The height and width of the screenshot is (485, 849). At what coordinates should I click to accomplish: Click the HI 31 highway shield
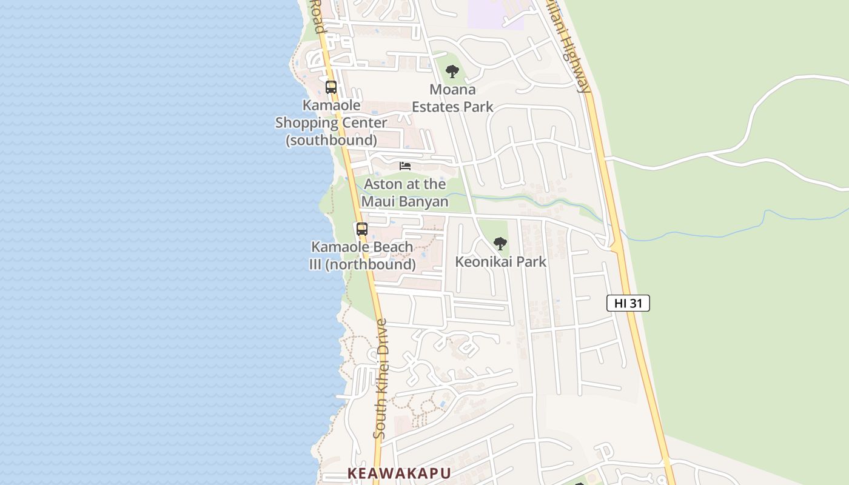click(x=628, y=303)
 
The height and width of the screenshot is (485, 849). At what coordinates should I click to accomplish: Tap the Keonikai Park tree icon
click(x=500, y=244)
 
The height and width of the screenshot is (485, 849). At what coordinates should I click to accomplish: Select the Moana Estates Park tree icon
click(x=452, y=72)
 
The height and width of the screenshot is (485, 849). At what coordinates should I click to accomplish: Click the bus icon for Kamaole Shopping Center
click(x=331, y=87)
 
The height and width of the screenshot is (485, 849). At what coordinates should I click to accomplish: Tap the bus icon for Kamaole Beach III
click(x=361, y=229)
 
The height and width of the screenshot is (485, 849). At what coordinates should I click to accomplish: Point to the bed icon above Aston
click(x=405, y=166)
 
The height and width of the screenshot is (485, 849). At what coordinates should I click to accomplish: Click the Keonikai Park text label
click(x=500, y=262)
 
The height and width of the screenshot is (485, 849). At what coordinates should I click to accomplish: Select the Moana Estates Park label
click(x=452, y=98)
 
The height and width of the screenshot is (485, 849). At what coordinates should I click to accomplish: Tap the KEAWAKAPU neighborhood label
click(x=399, y=473)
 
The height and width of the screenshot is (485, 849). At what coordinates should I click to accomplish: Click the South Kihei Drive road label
click(x=381, y=380)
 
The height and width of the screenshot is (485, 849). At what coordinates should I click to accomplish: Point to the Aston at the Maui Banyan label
click(x=404, y=193)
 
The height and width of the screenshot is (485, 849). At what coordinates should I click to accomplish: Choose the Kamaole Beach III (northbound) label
click(x=362, y=256)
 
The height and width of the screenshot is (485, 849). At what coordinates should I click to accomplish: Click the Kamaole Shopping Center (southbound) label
click(x=331, y=122)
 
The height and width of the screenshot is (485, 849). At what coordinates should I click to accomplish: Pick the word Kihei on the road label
click(x=381, y=383)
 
